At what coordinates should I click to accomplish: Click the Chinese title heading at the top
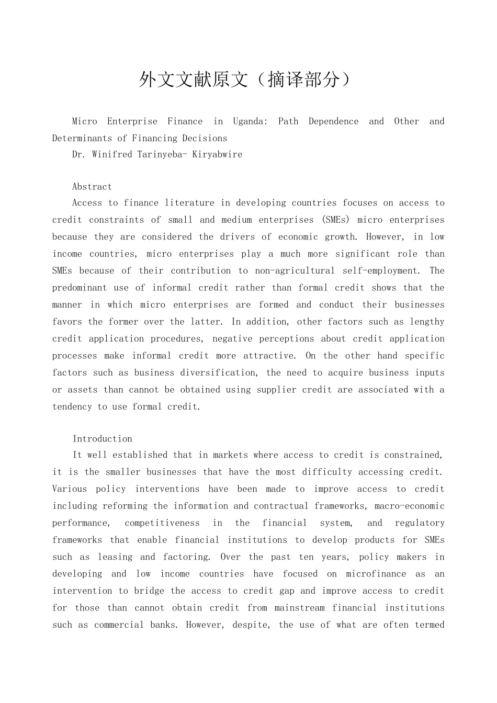coord(244,80)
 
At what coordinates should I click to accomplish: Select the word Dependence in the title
coord(333,121)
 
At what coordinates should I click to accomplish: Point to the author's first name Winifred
coord(112,154)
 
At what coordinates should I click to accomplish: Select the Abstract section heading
coord(92,187)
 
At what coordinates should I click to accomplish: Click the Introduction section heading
coord(102,439)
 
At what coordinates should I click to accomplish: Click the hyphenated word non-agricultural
coord(295,270)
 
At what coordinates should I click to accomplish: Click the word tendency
coord(72,406)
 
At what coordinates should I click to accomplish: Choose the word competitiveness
coord(162,523)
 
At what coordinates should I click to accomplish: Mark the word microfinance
coord(376,574)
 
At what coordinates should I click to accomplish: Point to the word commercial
coord(116,625)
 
